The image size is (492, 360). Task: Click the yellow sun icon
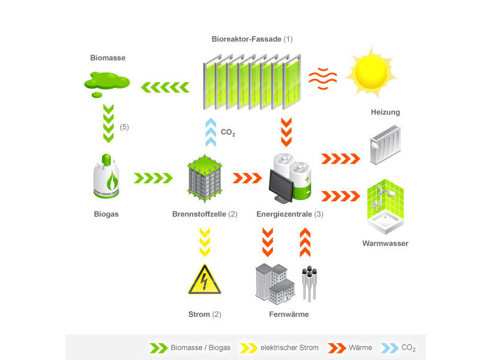tap(371, 72)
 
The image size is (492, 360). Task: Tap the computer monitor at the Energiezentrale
tap(281, 186)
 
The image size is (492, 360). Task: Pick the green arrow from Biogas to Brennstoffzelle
tap(153, 178)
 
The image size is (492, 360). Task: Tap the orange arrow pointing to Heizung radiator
tap(340, 159)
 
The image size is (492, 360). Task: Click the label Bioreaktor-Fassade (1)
tap(252, 40)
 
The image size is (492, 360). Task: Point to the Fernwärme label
tap(288, 314)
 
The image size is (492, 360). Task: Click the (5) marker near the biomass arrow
tap(125, 127)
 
